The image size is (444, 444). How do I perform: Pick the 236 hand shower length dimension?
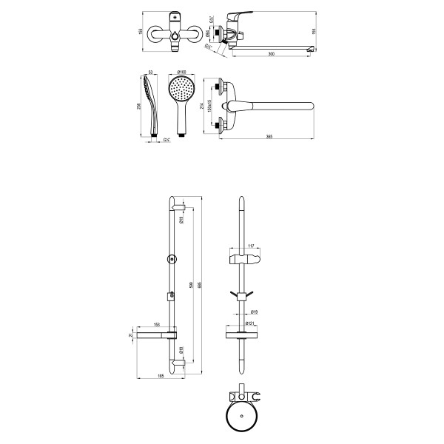click(141, 106)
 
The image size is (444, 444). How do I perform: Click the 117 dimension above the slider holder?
click(250, 246)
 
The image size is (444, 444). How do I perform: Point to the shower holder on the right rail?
click(243, 260)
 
